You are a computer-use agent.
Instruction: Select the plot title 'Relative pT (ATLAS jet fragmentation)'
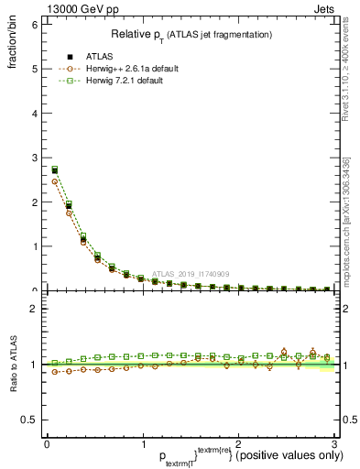[191, 34]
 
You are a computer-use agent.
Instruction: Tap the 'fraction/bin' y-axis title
[12, 47]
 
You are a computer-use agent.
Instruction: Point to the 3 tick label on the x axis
[334, 443]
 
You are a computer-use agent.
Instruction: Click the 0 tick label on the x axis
[47, 443]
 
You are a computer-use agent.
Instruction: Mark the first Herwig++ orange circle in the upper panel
[54, 181]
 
